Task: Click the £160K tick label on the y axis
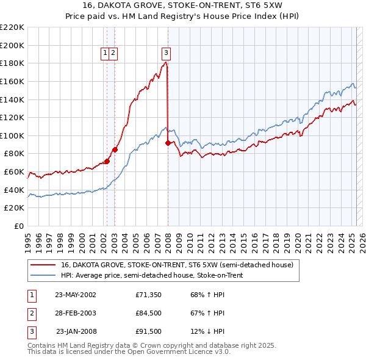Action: pyautogui.click(x=13, y=81)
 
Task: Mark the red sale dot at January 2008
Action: pyautogui.click(x=168, y=143)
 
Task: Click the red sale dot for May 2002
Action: pyautogui.click(x=107, y=162)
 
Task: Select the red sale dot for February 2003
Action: pyautogui.click(x=115, y=149)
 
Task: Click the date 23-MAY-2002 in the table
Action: pyautogui.click(x=76, y=294)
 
